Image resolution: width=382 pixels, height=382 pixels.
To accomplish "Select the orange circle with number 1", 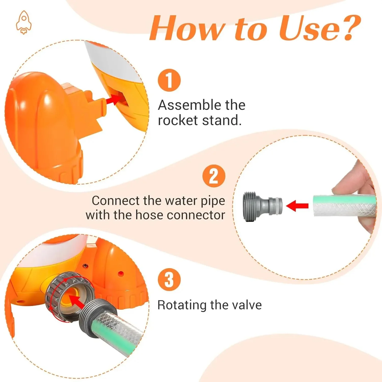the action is [x=169, y=80].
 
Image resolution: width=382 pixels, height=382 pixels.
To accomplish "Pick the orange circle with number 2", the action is [x=214, y=176].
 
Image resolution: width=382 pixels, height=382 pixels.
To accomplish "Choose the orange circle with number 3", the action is [x=169, y=280].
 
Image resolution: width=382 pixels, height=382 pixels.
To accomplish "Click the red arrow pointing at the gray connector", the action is [x=297, y=205].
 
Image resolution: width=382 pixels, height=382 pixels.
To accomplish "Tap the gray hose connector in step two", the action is [x=263, y=206].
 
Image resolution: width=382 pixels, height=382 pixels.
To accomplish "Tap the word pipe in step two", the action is [x=213, y=201].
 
